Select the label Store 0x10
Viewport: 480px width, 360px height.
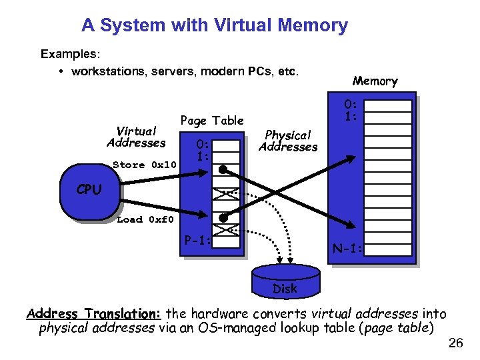point(144,165)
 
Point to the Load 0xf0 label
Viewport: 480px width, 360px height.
point(145,219)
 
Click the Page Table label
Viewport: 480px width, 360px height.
point(212,121)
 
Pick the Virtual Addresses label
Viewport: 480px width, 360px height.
point(136,137)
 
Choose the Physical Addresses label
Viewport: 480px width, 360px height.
point(288,141)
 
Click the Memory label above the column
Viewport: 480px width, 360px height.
point(375,81)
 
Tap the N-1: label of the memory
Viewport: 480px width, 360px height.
point(348,249)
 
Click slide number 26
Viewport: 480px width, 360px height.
point(456,343)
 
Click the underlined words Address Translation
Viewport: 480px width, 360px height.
point(93,313)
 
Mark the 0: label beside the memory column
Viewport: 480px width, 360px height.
point(351,104)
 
